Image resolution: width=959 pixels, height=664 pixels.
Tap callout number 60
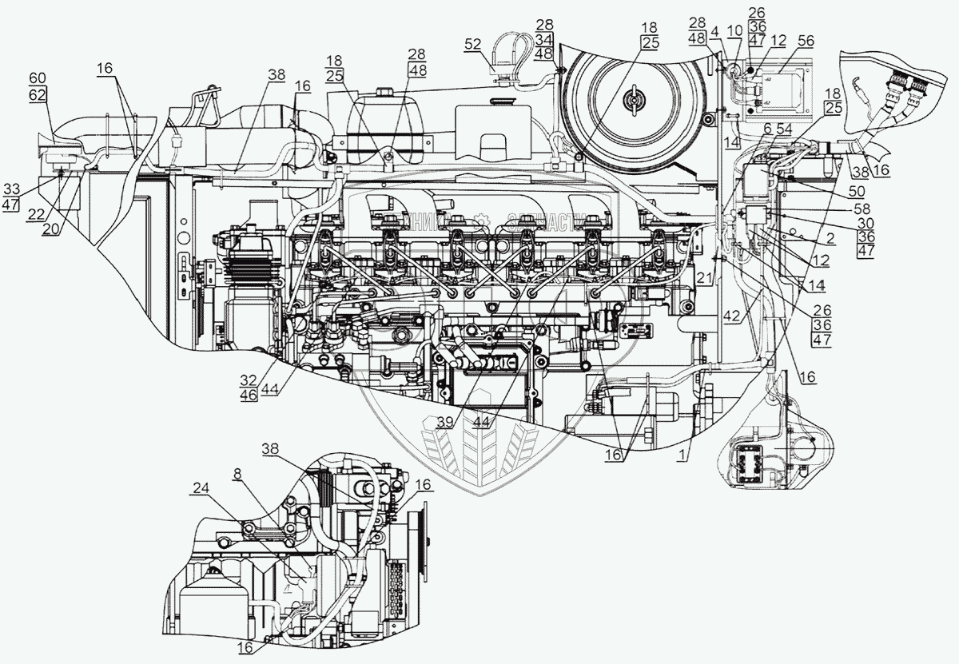point(38,78)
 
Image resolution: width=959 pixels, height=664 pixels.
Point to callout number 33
point(12,189)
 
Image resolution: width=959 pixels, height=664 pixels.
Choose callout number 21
point(702,276)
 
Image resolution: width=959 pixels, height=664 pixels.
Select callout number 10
point(734,30)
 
